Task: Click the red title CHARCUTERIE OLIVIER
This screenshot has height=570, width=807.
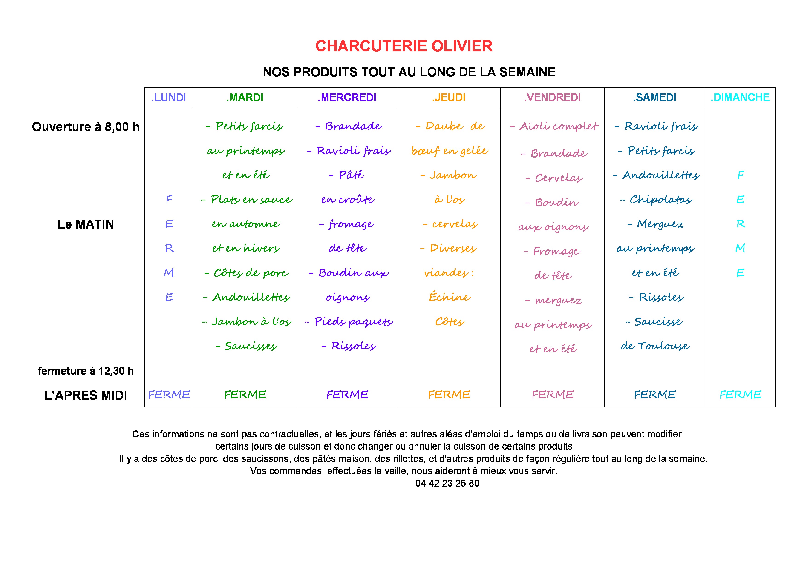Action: [x=404, y=46]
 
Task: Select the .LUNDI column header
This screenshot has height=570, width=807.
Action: [x=168, y=97]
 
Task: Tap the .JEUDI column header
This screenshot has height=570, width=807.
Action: [x=449, y=97]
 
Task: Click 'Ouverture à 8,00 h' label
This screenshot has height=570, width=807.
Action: [x=86, y=127]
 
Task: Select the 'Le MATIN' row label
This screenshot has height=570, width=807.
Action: [x=86, y=224]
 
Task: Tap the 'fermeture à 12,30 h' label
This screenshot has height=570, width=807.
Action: [x=86, y=371]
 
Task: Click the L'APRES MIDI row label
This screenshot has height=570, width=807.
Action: [x=86, y=395]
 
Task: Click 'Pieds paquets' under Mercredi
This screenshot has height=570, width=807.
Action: [x=353, y=321]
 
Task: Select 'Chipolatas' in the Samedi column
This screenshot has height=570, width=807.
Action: [x=660, y=200]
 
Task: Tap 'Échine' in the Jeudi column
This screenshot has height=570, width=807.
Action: [x=450, y=297]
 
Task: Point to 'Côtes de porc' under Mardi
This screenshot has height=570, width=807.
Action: [x=251, y=273]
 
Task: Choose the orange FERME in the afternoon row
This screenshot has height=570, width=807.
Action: [x=449, y=395]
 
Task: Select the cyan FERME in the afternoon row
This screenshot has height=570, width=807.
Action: [x=740, y=395]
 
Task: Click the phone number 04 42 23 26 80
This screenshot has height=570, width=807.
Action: [x=447, y=483]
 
